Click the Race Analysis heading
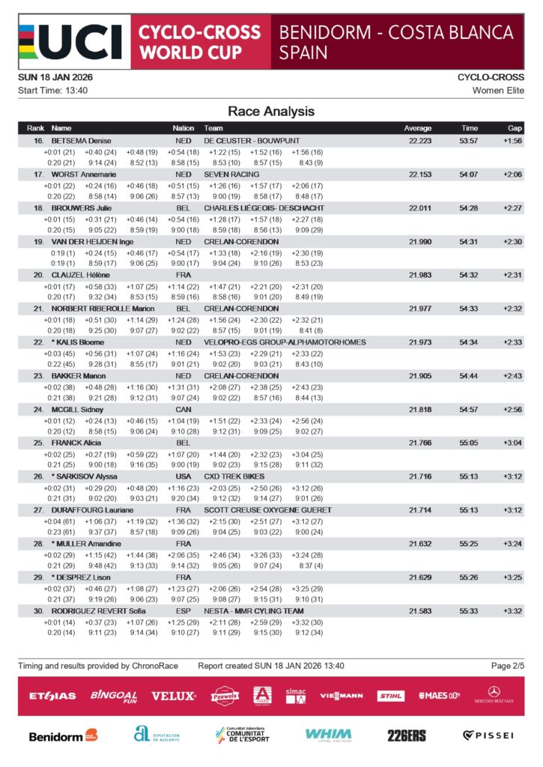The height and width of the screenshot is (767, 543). tap(271, 112)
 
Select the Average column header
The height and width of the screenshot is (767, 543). tap(418, 128)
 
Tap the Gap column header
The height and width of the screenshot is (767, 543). tap(515, 128)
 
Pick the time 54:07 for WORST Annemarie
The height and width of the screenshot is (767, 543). tap(470, 175)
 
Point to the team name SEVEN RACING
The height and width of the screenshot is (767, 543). tap(231, 175)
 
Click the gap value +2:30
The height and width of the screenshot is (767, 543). tap(513, 242)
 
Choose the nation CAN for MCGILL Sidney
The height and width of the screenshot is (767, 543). tap(183, 410)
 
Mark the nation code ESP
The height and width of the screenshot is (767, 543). tap(183, 611)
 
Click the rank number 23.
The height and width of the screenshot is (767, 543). tap(38, 376)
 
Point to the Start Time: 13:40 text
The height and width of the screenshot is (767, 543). tap(52, 91)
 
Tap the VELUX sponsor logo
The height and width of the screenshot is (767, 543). tap(173, 696)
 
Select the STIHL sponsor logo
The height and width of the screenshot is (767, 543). tap(390, 696)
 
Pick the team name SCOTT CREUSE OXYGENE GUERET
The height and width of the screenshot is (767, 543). tap(267, 510)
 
